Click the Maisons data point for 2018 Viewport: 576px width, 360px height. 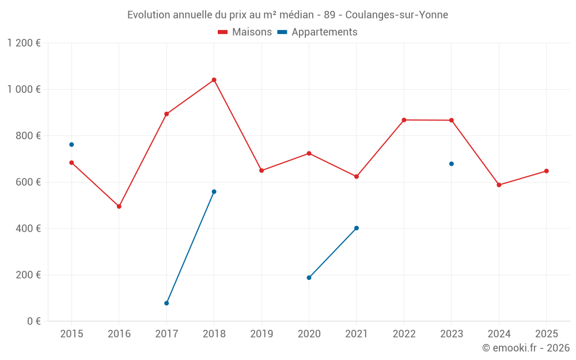(214, 80)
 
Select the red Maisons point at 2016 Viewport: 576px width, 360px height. (119, 206)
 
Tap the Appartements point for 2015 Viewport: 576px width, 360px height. (71, 145)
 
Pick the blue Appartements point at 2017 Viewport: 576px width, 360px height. (166, 303)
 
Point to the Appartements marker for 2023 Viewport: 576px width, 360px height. (452, 164)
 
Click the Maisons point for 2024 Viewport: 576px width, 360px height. (499, 185)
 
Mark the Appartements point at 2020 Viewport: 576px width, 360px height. (309, 278)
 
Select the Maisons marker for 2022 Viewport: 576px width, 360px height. (404, 120)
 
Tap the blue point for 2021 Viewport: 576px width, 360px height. (357, 228)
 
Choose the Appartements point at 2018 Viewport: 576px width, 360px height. (214, 192)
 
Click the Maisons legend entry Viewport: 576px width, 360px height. (245, 32)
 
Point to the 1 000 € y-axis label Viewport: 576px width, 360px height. (24, 89)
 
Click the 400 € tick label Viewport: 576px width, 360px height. (29, 229)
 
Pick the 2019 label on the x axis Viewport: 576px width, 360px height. (262, 334)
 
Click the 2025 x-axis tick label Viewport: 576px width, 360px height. (546, 334)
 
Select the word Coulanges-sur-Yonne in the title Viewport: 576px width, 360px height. (396, 15)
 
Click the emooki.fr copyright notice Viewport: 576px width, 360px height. (526, 348)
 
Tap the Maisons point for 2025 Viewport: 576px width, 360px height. (546, 171)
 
